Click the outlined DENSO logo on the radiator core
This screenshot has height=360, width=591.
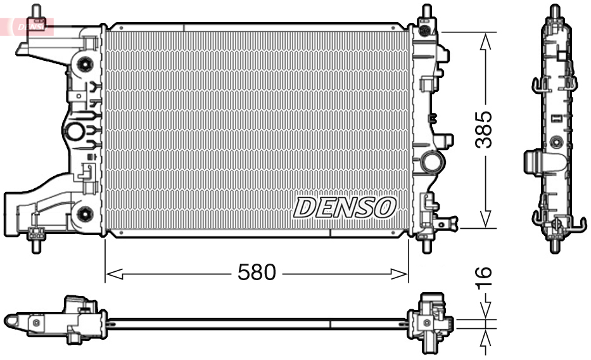click(x=344, y=207)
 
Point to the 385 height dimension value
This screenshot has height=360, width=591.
click(x=484, y=129)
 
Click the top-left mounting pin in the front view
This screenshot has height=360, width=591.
click(x=37, y=13)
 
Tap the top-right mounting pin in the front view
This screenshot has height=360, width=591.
click(x=424, y=13)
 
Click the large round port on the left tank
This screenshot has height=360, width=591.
click(x=74, y=132)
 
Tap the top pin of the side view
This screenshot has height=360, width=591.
click(x=555, y=11)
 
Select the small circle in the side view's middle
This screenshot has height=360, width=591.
click(x=556, y=141)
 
